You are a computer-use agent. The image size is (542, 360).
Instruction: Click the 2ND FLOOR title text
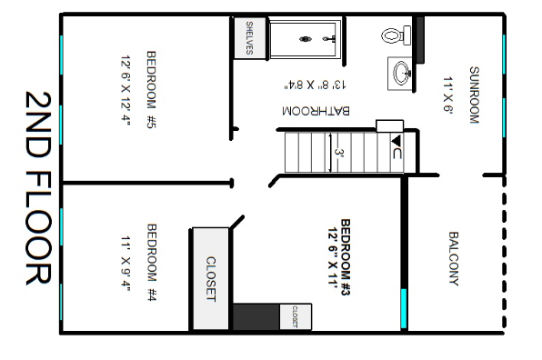coord(38,187)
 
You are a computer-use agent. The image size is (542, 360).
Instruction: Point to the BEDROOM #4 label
coord(152,264)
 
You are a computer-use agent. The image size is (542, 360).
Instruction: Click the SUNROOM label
coord(473,95)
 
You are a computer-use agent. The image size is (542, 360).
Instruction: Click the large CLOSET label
coord(211,279)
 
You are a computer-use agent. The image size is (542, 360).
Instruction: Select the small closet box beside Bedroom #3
coord(295,316)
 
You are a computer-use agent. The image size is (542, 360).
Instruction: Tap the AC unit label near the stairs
coord(396,149)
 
